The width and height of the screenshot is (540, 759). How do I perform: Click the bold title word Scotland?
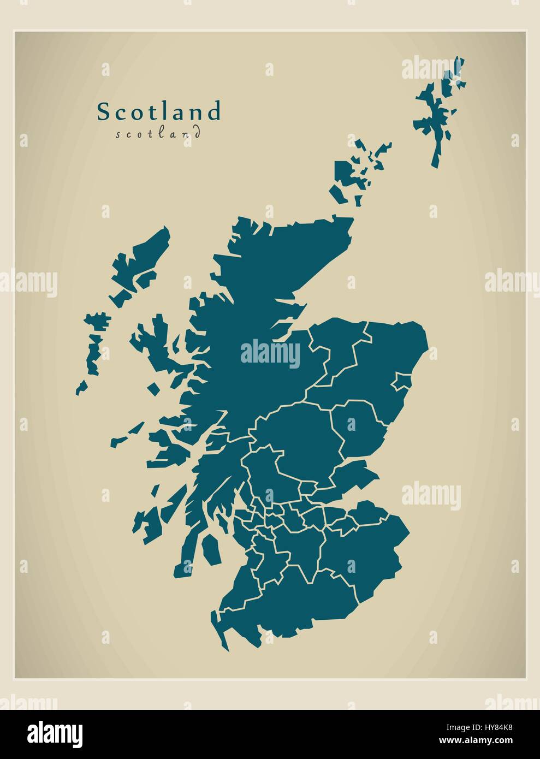(x=159, y=111)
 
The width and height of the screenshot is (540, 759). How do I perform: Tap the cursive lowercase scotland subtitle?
(x=158, y=134)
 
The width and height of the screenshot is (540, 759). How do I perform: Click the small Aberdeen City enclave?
(x=401, y=382)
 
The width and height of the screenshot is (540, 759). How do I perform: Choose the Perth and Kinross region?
(x=300, y=437)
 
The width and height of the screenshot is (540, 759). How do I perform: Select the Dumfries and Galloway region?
(x=289, y=601)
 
